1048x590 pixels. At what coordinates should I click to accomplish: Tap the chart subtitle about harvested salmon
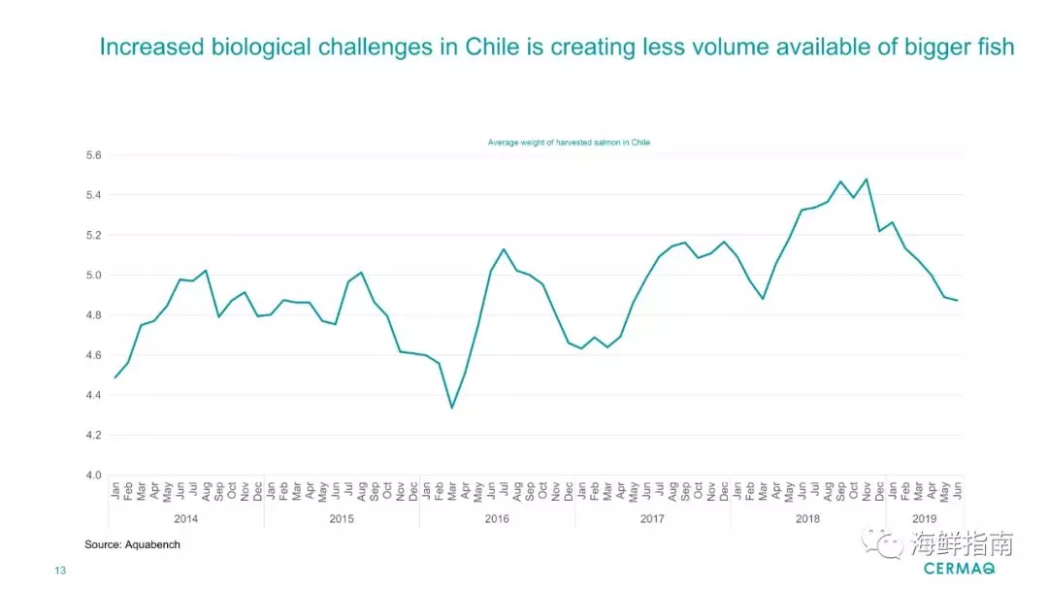(x=569, y=142)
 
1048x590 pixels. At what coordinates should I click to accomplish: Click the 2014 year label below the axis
(x=185, y=519)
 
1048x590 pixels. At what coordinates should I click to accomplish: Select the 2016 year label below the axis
(x=497, y=519)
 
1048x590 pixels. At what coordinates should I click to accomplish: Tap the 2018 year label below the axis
(x=807, y=519)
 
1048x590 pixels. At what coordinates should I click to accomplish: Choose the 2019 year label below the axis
(x=924, y=519)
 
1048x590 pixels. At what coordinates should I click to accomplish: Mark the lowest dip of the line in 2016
(x=451, y=408)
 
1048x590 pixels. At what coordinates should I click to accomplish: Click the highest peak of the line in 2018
(x=866, y=179)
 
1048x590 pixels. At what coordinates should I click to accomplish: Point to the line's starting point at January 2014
(x=115, y=377)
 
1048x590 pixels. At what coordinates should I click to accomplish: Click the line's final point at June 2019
(x=957, y=300)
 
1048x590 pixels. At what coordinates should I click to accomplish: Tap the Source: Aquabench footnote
(x=132, y=545)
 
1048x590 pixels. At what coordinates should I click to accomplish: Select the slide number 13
(x=60, y=572)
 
